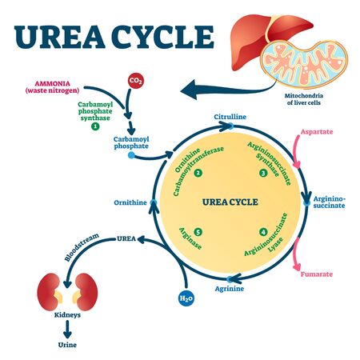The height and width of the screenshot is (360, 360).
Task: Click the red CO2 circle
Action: tap(136, 80)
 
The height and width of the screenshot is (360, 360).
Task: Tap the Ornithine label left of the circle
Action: tap(130, 202)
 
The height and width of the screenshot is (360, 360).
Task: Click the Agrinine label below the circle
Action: tap(230, 287)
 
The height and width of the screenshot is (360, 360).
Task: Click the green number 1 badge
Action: tap(95, 126)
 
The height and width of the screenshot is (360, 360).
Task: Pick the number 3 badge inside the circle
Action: tap(262, 172)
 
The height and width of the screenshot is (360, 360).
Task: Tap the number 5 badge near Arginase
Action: tap(198, 232)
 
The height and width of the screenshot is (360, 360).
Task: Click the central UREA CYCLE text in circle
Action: tap(230, 201)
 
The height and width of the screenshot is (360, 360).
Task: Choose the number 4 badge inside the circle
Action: tap(262, 232)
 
